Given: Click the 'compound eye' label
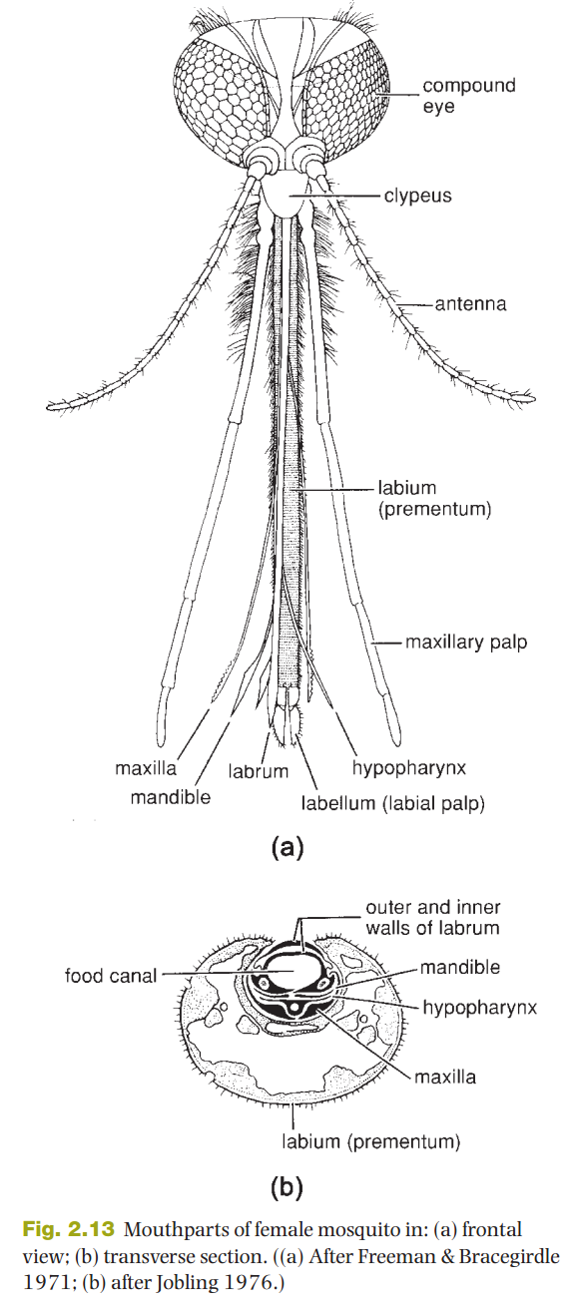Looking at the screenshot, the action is pyautogui.click(x=469, y=96).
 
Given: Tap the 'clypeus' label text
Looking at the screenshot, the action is pyautogui.click(x=417, y=196).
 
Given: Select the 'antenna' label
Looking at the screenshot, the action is pyautogui.click(x=470, y=303).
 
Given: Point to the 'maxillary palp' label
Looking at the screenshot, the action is pyautogui.click(x=466, y=643).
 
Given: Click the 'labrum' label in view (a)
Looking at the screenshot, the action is pyautogui.click(x=259, y=771).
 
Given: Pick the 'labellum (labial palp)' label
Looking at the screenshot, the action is pyautogui.click(x=392, y=803).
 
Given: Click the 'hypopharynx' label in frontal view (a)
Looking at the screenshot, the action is pyautogui.click(x=409, y=768).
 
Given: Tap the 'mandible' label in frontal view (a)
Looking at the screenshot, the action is pyautogui.click(x=170, y=796).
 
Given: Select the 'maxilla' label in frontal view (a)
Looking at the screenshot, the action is pyautogui.click(x=145, y=768).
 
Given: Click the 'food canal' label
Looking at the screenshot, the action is pyautogui.click(x=111, y=975).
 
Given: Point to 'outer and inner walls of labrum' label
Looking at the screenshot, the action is pyautogui.click(x=433, y=917).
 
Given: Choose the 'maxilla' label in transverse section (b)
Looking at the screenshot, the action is pyautogui.click(x=444, y=1077).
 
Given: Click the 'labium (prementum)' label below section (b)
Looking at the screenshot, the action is pyautogui.click(x=370, y=1141).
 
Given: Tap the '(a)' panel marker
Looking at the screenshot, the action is pyautogui.click(x=288, y=847).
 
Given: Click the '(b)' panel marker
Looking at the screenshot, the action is pyautogui.click(x=288, y=1186).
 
